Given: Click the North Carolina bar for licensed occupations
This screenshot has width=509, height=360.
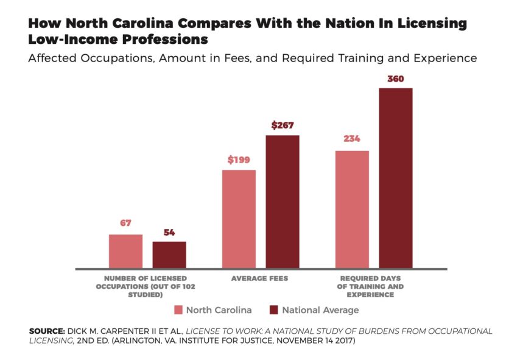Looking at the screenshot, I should click(125, 251).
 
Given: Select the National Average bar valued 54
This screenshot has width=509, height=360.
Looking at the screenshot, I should click(169, 255).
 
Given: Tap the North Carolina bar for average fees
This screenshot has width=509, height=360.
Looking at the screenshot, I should click(239, 219).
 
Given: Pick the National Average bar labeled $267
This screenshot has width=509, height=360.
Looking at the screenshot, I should click(283, 202).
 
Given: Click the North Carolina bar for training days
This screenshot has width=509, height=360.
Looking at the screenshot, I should click(352, 209).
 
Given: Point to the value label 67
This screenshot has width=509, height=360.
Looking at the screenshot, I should click(125, 223).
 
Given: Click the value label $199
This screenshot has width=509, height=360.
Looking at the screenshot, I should click(239, 160).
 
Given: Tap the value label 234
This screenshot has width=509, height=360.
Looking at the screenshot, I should click(352, 138).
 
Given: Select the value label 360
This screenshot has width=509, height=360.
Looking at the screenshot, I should click(396, 79).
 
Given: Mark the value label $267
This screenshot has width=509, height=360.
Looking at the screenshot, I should click(283, 125).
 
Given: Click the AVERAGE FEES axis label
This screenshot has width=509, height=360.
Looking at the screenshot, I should click(260, 278).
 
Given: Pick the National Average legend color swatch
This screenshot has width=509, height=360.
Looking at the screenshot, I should click(273, 310).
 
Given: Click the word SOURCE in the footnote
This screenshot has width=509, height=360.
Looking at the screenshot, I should click(45, 331).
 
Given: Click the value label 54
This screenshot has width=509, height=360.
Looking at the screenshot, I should click(169, 232).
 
